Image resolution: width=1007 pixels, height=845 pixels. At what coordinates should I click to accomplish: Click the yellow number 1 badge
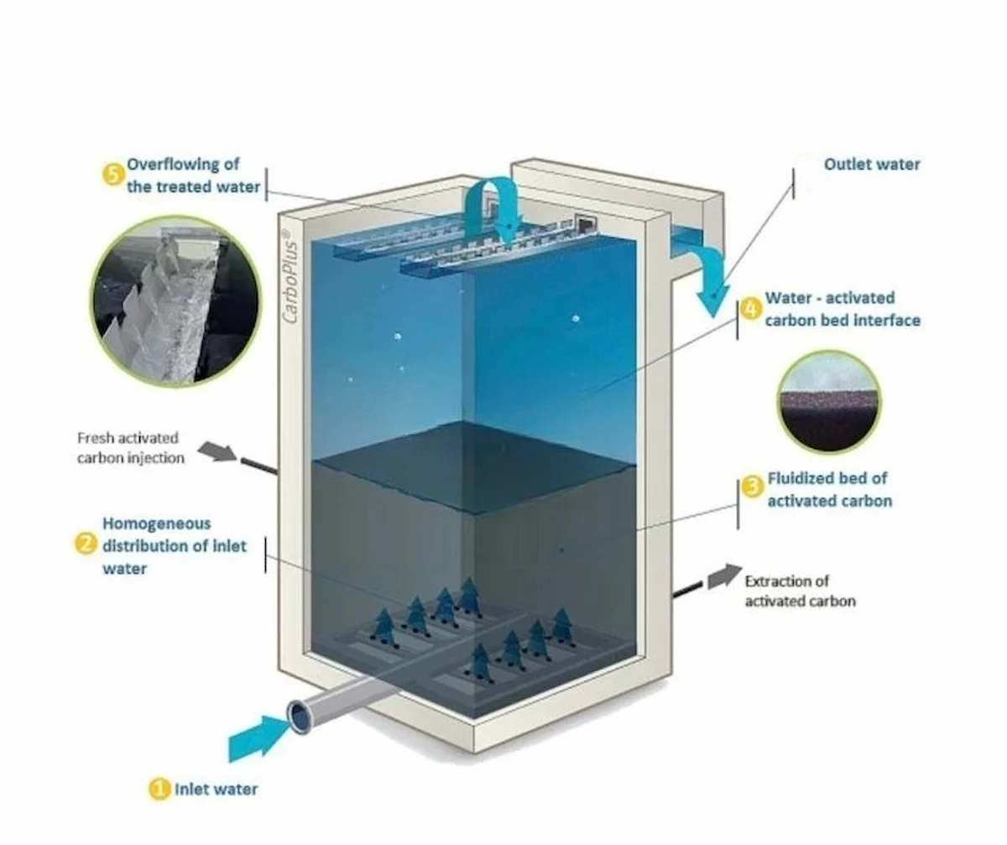(159, 789)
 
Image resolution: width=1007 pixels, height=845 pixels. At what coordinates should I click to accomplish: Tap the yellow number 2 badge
(86, 545)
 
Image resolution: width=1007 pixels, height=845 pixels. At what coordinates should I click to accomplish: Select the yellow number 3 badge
(753, 485)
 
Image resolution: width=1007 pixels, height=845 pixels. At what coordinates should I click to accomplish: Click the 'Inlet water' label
(216, 789)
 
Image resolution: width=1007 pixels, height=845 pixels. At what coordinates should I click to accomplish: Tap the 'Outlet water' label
(871, 164)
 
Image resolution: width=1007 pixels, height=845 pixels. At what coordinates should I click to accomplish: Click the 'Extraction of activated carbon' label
(800, 591)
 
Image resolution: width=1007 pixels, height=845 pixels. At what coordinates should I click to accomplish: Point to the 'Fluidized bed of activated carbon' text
(829, 490)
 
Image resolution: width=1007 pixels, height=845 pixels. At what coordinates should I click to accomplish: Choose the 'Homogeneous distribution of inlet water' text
(175, 545)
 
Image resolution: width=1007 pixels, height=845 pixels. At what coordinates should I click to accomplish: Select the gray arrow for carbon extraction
(723, 576)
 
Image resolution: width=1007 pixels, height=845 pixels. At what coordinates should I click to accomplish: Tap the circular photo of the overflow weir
(175, 301)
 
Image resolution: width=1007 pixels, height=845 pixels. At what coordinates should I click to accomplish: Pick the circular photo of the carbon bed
(827, 401)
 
